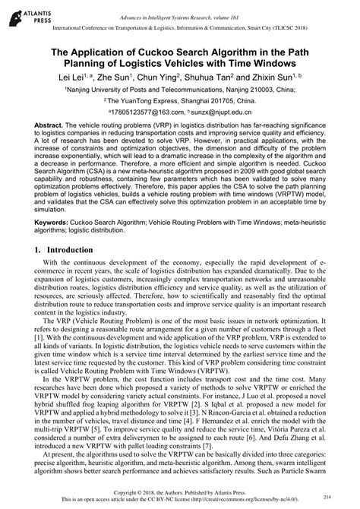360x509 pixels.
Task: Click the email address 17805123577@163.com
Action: (x=145, y=110)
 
